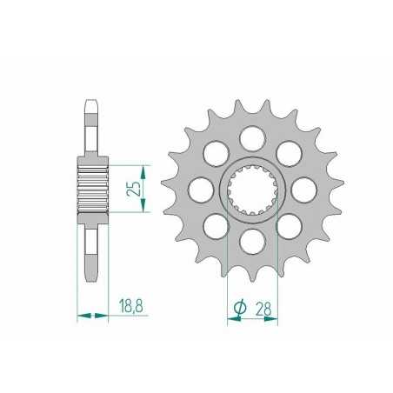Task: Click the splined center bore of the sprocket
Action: click(x=252, y=187)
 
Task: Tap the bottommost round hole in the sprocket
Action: click(x=252, y=238)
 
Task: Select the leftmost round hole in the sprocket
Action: click(x=201, y=187)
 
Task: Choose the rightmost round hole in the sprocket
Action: click(x=303, y=187)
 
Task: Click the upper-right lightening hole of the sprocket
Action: click(x=289, y=151)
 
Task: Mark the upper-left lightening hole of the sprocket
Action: click(x=216, y=151)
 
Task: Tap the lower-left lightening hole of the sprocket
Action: click(x=216, y=223)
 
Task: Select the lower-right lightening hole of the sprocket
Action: click(x=289, y=223)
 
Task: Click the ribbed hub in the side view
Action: click(x=93, y=187)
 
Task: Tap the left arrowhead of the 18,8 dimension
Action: click(x=82, y=316)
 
